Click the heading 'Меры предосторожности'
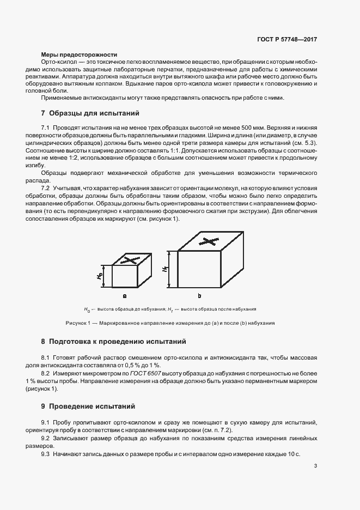[x=80, y=55]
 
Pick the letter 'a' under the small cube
[x=125, y=296]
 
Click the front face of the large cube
[x=199, y=269]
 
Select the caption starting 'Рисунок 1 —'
[x=170, y=323]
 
